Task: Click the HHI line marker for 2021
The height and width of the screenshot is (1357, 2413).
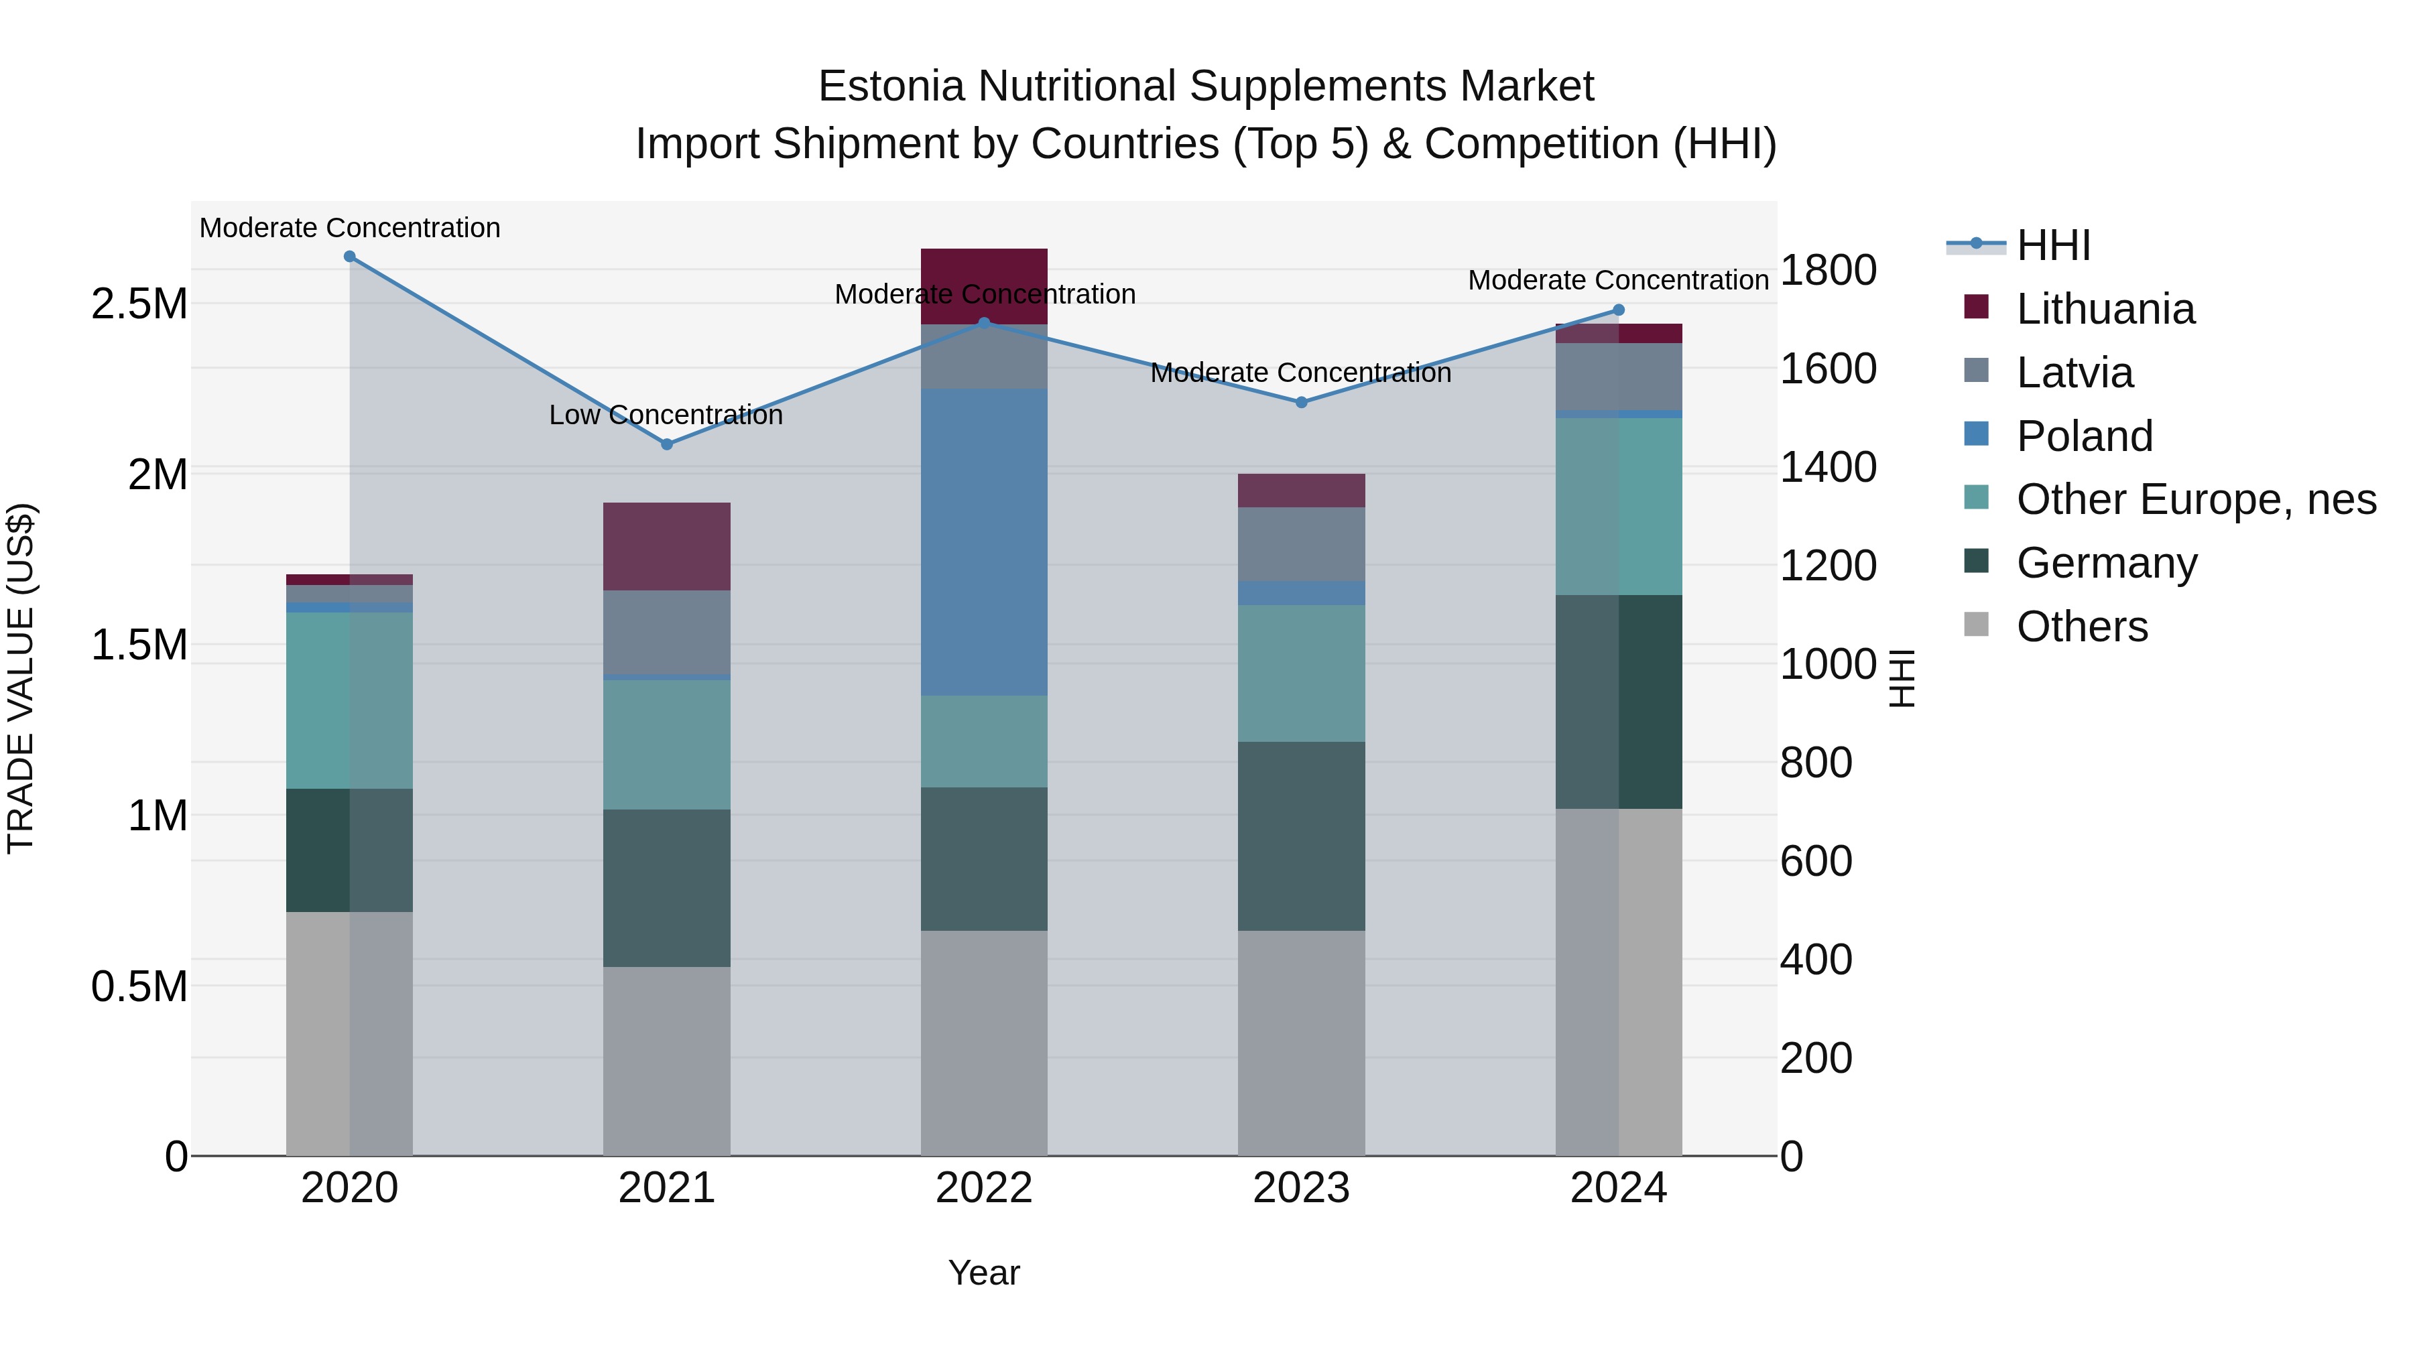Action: pyautogui.click(x=667, y=444)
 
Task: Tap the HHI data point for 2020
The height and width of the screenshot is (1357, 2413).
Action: pyautogui.click(x=349, y=256)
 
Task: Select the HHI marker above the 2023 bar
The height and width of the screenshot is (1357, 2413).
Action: pyautogui.click(x=1301, y=402)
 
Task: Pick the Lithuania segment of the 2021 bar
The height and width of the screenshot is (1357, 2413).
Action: pyautogui.click(x=666, y=546)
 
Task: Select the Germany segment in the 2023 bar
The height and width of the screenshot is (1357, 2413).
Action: pyautogui.click(x=1301, y=836)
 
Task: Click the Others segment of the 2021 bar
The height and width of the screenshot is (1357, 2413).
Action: pyautogui.click(x=666, y=1060)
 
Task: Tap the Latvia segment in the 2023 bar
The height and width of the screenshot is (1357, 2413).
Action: pyautogui.click(x=1301, y=543)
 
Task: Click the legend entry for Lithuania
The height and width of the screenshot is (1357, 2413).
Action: pyautogui.click(x=2105, y=309)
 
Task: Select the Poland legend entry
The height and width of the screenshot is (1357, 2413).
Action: pyautogui.click(x=2084, y=436)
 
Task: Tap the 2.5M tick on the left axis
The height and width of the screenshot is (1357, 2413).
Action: pyautogui.click(x=139, y=304)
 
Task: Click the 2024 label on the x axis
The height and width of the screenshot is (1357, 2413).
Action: pyautogui.click(x=1618, y=1188)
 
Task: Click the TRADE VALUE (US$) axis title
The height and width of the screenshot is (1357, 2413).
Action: pyautogui.click(x=21, y=678)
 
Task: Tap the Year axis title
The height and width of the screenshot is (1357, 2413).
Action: pyautogui.click(x=983, y=1273)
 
